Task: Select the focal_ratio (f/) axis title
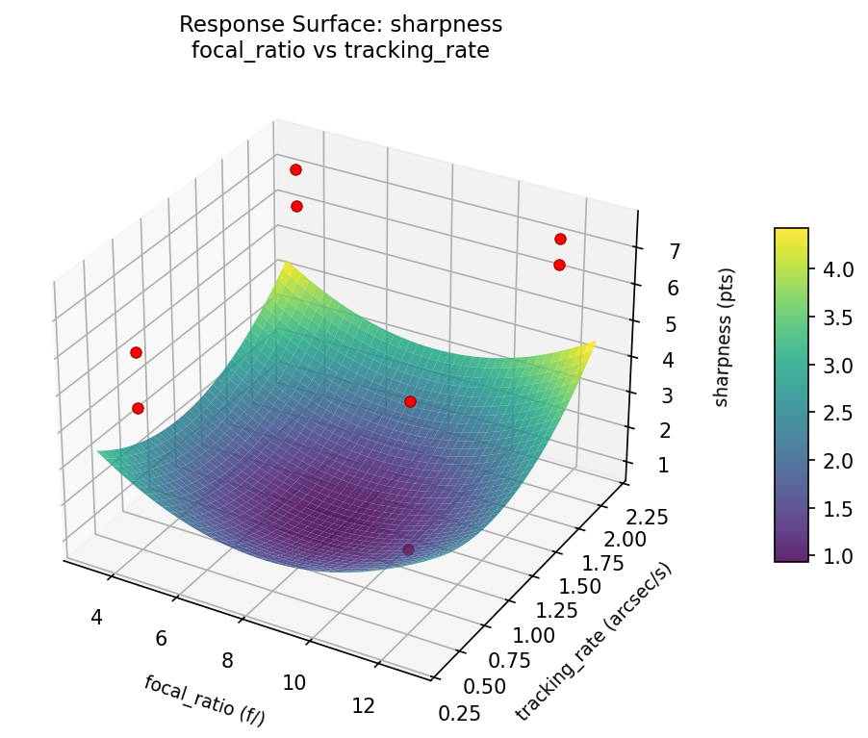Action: tap(204, 699)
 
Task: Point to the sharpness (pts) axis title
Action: tap(722, 337)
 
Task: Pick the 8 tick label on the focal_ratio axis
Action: tap(227, 659)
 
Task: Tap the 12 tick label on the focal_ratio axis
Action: tap(363, 706)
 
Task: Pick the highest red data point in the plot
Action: tap(295, 169)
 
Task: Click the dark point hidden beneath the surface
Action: tap(408, 549)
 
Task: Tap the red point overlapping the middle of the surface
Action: tap(410, 401)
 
